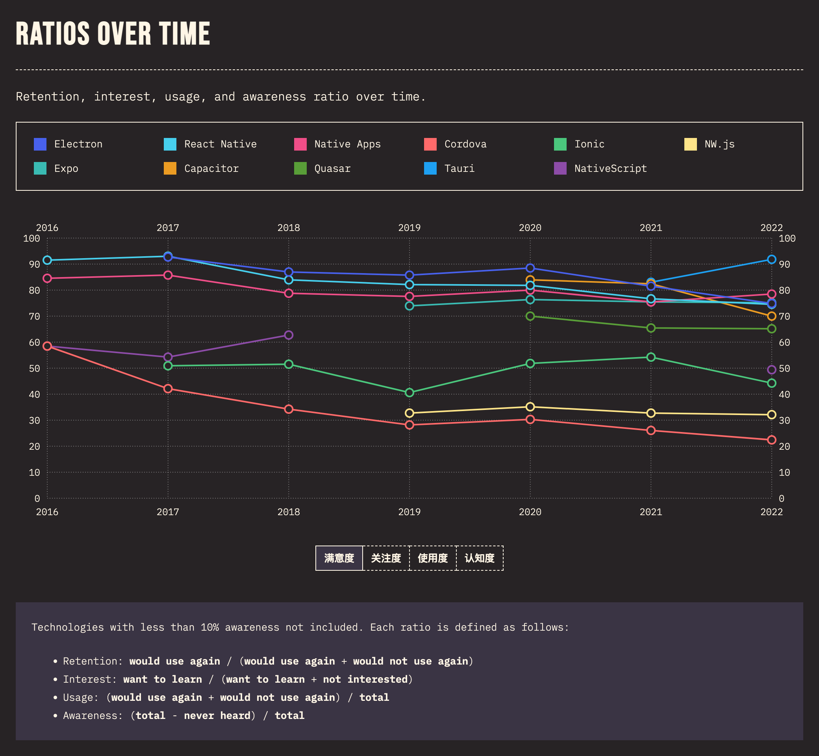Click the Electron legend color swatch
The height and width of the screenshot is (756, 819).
coord(40,144)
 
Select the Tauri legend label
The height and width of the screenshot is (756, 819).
coord(460,169)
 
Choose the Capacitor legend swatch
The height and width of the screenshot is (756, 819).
coord(170,169)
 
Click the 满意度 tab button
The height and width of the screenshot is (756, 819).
coord(339,558)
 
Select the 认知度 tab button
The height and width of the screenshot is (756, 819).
coord(479,558)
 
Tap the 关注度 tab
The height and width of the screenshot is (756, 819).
coord(386,558)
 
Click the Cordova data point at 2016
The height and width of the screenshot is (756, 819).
coord(47,346)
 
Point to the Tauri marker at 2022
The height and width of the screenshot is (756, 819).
coord(772,259)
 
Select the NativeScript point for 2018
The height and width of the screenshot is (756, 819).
coord(289,335)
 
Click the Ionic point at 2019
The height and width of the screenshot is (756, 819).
coord(409,393)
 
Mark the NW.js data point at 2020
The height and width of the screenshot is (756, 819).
coord(530,407)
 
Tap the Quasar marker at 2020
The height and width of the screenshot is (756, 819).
coord(530,316)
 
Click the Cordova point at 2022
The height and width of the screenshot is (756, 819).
coord(772,440)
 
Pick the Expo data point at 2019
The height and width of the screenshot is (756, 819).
coord(409,306)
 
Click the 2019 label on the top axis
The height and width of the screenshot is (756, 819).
coord(409,228)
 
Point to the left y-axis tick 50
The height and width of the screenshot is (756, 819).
coord(34,369)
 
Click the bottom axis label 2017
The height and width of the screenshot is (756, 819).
coord(168,512)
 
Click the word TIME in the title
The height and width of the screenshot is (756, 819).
coord(184,34)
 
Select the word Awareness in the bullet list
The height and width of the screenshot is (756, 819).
coord(93,715)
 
